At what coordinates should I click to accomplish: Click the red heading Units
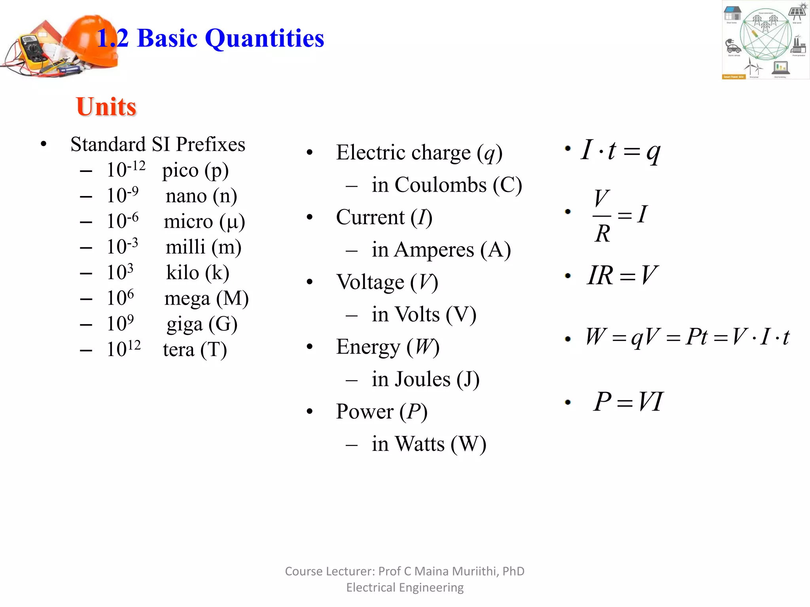click(106, 107)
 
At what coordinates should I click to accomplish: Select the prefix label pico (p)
click(195, 171)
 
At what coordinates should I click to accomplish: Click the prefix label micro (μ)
click(204, 222)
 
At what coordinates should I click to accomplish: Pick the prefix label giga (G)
click(202, 324)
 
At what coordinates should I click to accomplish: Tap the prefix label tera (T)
click(195, 350)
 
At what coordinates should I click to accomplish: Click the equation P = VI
click(628, 402)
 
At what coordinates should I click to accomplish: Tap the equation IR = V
click(622, 275)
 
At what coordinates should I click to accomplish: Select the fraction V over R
click(602, 216)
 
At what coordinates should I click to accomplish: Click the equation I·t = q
click(620, 151)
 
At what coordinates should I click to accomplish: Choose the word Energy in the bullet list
click(368, 347)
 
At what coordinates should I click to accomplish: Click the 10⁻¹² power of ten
click(126, 170)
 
